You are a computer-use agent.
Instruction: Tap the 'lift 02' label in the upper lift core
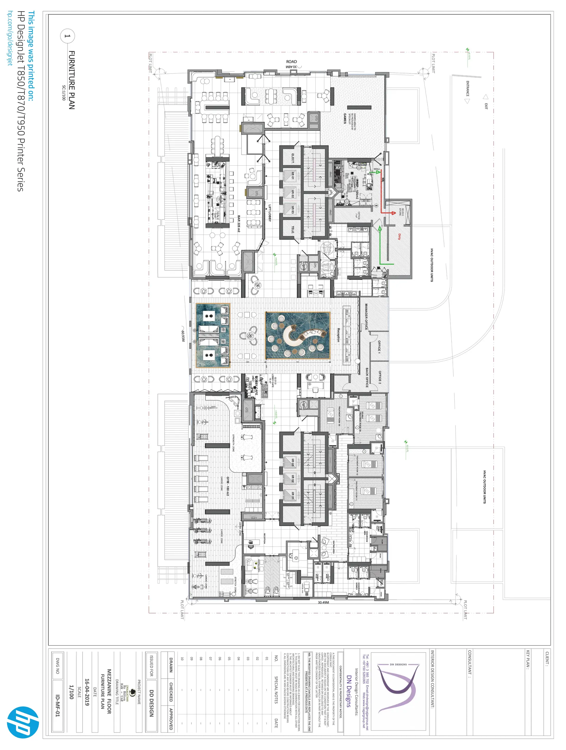coord(293,194)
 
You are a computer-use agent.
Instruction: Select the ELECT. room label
coord(293,158)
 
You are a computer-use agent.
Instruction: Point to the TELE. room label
coord(293,230)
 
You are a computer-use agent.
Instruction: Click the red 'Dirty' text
coord(399,236)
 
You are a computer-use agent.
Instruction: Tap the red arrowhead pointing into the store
coord(393,213)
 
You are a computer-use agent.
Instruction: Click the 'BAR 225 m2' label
coord(239,223)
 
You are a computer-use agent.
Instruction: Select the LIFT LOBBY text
coord(270,213)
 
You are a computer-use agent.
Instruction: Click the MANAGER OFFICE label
coord(366,317)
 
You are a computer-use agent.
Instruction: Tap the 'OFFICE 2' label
coord(379,377)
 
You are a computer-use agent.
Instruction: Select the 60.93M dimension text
coord(183,336)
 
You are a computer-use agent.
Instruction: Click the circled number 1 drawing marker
coord(68,36)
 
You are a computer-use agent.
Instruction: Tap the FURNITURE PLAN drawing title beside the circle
coord(72,80)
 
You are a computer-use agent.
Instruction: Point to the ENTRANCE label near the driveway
coord(467,88)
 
